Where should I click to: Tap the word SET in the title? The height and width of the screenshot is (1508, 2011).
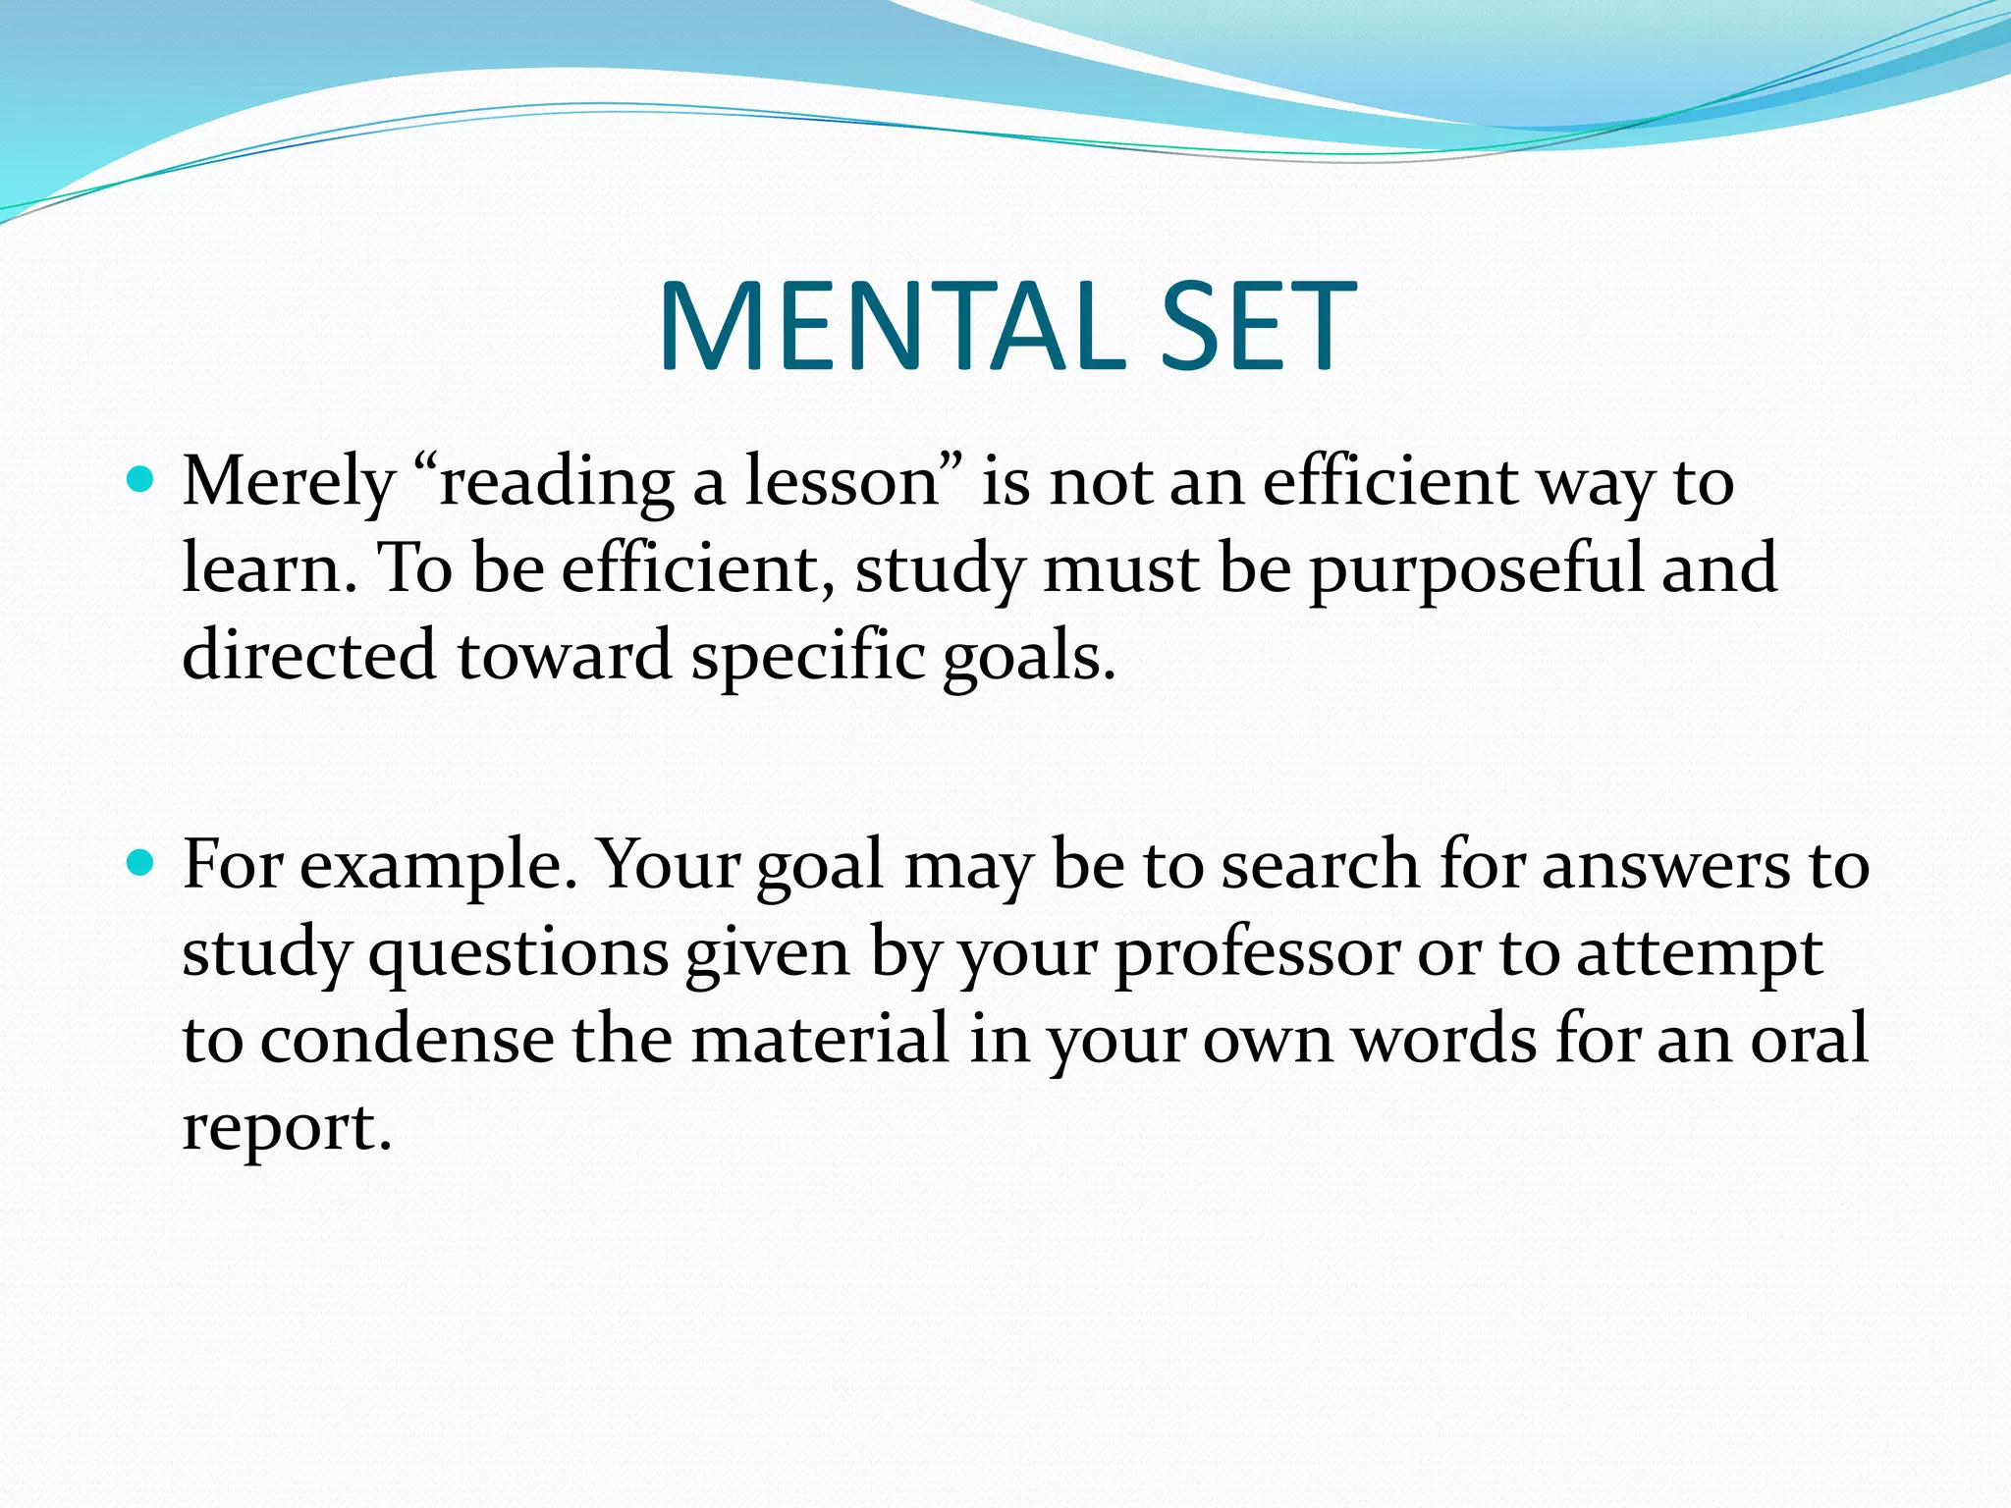pyautogui.click(x=1258, y=326)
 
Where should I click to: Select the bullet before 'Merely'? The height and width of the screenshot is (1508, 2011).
pyautogui.click(x=142, y=480)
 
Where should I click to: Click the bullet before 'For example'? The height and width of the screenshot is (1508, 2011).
pyautogui.click(x=142, y=864)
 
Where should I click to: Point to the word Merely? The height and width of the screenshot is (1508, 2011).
pyautogui.click(x=289, y=483)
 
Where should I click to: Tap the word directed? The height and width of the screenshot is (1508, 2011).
pyautogui.click(x=309, y=655)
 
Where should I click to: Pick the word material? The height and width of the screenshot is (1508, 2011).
pyautogui.click(x=820, y=1039)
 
